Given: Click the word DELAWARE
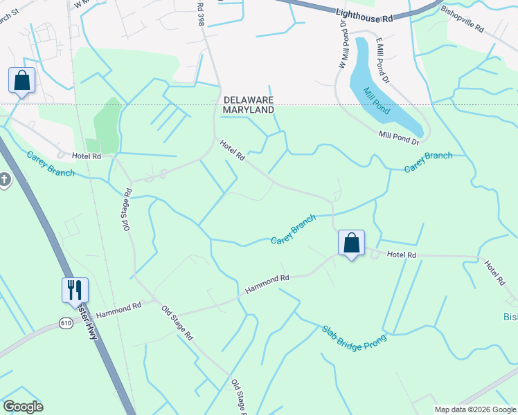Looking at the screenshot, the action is [249, 100].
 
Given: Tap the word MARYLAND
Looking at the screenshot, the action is [249, 109].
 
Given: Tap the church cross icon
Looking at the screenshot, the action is [3, 181].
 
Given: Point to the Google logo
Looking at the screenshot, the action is [23, 407].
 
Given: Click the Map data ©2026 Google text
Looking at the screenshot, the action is [475, 409].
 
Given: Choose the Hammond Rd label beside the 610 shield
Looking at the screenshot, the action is [118, 309].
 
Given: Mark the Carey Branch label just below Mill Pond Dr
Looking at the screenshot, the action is [428, 162].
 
